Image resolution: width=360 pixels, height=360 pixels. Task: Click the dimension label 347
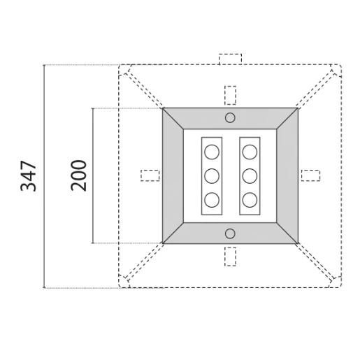point(28,175)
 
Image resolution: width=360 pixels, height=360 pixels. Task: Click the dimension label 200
point(78,175)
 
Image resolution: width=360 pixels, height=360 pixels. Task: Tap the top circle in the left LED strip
point(212,152)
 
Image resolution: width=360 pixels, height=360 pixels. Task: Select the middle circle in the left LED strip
point(212,175)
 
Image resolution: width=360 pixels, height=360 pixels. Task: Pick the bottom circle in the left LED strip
point(212,200)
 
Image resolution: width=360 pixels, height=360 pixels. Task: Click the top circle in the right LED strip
point(250,152)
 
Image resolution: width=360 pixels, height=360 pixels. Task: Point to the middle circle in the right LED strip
point(250,175)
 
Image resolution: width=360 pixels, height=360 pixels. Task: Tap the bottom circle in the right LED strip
point(250,200)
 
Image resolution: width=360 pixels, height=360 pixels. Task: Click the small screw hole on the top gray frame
point(230,117)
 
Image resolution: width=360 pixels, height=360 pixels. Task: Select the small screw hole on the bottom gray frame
point(230,233)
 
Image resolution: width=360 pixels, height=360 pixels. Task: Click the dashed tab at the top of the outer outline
point(230,59)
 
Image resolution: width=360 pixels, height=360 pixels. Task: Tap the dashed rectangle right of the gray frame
point(310,175)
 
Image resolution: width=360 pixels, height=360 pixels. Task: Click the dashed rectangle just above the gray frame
point(230,95)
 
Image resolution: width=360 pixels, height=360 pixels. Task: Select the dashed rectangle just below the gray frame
point(230,256)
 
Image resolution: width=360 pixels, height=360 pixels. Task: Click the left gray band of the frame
point(173,175)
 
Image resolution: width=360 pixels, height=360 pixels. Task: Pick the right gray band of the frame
point(287,175)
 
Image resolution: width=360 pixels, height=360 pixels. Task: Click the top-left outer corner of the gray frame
point(163,108)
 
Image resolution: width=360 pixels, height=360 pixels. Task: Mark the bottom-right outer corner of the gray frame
point(298,243)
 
